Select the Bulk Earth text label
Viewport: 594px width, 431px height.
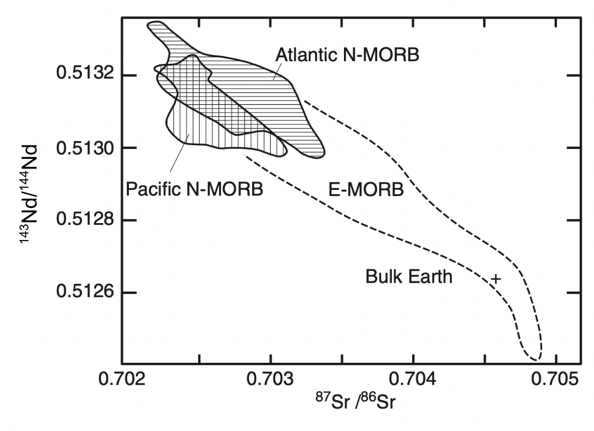pos(409,277)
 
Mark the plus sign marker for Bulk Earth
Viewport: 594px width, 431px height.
pos(495,279)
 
